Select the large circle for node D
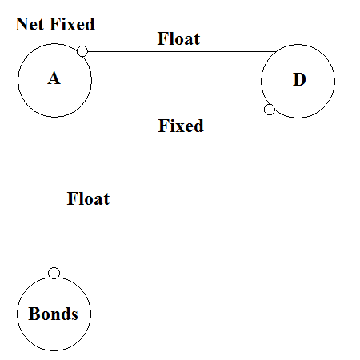(298, 80)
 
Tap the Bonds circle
(54, 313)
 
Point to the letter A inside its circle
(54, 79)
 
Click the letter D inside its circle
(298, 80)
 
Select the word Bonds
(54, 314)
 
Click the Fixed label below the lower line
(181, 126)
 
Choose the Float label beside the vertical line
(88, 198)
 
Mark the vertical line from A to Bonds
(54, 192)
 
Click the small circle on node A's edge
(82, 52)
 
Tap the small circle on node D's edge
(270, 109)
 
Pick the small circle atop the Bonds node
(54, 273)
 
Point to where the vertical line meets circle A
(54, 117)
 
